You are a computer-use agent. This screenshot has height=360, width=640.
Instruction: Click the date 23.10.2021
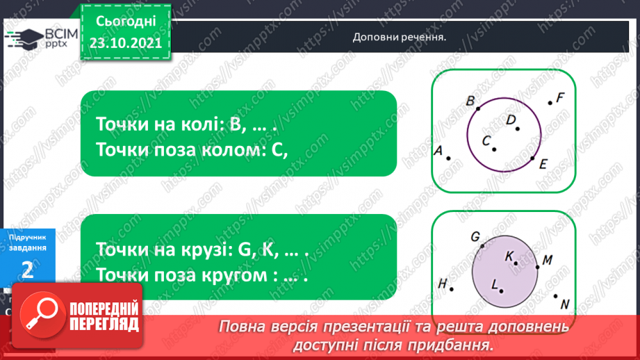125,41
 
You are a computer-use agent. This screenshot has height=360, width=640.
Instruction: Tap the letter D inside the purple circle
511,120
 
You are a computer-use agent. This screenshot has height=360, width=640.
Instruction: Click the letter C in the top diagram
487,140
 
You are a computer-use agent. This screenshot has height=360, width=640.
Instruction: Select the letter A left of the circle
438,150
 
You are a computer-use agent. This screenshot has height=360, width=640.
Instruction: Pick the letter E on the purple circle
543,164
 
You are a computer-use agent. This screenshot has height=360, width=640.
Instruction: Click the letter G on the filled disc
476,237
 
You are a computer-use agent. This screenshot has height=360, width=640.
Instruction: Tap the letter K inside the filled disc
509,256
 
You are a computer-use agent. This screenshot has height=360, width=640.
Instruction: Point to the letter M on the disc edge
547,261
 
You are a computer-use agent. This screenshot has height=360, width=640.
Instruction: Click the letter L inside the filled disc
495,284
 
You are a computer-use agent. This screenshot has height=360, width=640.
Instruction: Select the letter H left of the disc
442,283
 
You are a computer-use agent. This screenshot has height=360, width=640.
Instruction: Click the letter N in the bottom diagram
564,304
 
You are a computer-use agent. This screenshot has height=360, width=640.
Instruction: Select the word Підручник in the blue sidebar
28,238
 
